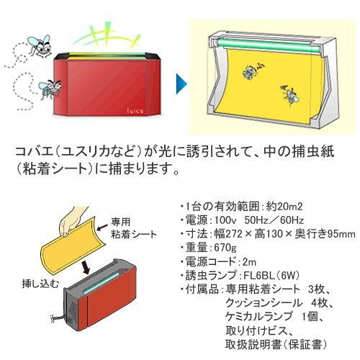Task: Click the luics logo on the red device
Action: coord(135,111)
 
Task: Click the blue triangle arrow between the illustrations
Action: coord(181,84)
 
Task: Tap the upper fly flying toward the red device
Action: coord(40,46)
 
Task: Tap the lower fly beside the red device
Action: coord(50,89)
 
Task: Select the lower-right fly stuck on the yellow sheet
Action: coord(290,95)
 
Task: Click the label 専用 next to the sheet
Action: coord(120,222)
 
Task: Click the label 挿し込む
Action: coord(40,284)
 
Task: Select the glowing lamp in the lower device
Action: coord(101,284)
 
